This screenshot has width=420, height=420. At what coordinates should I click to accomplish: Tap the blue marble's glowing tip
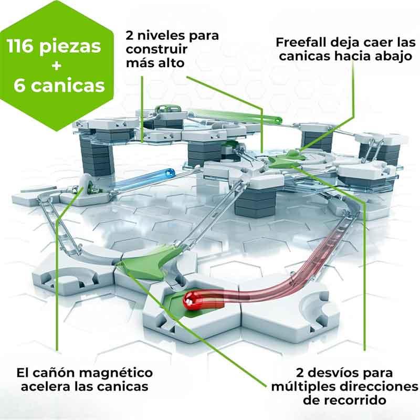170,173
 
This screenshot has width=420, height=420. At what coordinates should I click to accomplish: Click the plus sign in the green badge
57,66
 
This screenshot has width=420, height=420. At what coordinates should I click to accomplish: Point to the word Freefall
301,43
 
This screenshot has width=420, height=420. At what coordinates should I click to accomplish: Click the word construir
156,49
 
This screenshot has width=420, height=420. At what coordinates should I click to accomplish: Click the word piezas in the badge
70,47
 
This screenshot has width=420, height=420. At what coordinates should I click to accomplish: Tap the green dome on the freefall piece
292,153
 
